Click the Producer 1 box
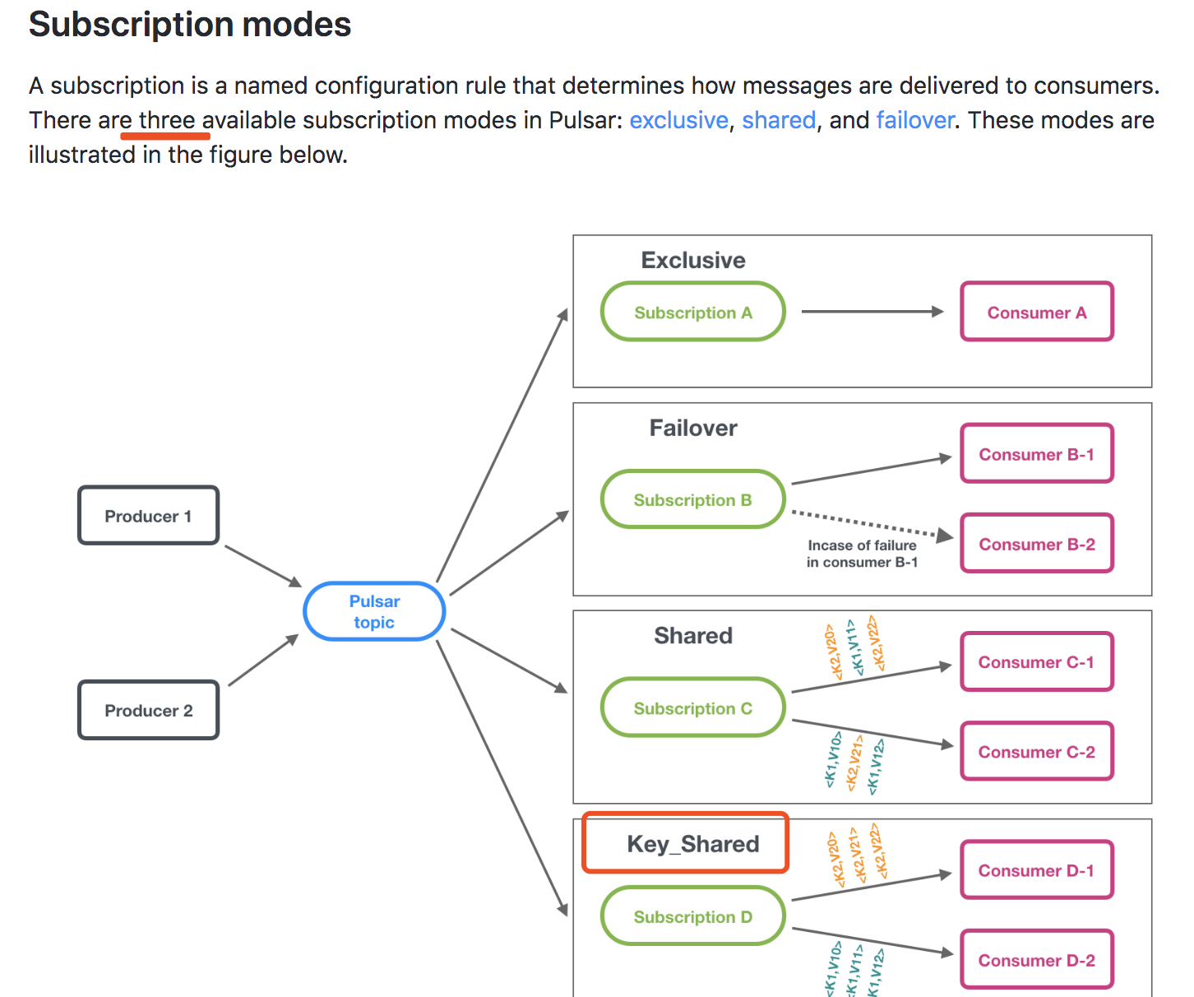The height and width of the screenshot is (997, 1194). point(148,516)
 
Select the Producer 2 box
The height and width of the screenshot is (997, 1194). point(148,710)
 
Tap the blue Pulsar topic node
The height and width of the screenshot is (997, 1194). point(374,611)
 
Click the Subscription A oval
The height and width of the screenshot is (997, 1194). point(692,313)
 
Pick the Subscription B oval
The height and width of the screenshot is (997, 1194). point(692,500)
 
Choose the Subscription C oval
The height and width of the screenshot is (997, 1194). point(692,708)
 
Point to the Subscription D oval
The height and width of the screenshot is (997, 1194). point(692,916)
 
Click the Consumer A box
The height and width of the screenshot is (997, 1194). point(1036,313)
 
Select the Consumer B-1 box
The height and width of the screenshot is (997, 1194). point(1036,454)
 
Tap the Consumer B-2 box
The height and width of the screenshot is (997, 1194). point(1036,544)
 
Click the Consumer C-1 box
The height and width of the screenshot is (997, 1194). point(1036,662)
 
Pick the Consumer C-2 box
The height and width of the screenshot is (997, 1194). point(1036,752)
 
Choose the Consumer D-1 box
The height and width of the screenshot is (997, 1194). point(1036,870)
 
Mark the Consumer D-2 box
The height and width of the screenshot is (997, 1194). point(1036,960)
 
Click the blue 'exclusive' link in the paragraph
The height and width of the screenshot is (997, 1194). point(678,120)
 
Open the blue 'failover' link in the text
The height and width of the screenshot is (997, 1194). point(914,120)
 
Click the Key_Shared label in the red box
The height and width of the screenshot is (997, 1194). point(692,844)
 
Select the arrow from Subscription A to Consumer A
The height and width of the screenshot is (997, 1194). point(872,312)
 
